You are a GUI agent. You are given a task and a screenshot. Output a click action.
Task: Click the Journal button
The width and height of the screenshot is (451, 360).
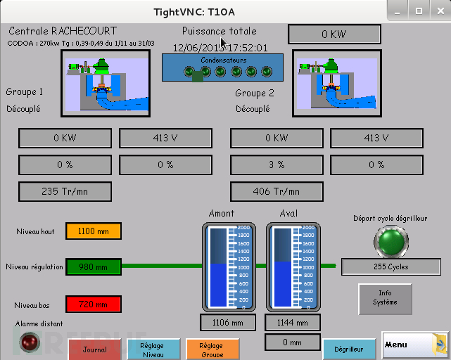coord(95,349)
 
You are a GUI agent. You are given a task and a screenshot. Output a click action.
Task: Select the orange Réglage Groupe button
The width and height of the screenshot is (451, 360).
coord(211,349)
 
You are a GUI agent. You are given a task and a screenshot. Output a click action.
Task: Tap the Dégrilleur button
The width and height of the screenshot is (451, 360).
coord(349,349)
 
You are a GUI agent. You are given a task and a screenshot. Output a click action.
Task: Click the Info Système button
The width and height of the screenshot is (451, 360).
coord(385,298)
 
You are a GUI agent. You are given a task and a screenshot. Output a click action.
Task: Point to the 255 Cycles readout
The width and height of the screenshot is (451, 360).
coord(391,267)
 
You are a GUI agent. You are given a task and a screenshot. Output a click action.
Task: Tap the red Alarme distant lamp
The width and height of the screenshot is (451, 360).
coord(30,342)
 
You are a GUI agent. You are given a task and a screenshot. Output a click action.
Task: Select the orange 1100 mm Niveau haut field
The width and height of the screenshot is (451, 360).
coord(94,231)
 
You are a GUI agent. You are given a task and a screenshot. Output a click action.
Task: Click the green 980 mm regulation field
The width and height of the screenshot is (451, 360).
coord(94,267)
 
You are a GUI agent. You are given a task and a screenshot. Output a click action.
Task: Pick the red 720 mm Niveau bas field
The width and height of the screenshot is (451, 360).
coord(94,304)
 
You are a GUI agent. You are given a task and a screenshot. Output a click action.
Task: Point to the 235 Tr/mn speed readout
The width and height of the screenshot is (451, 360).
coord(65,191)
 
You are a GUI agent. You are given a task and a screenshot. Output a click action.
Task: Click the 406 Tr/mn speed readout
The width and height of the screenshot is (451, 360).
coord(277,191)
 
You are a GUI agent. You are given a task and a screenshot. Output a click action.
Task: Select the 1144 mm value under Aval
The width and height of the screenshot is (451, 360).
coord(292,323)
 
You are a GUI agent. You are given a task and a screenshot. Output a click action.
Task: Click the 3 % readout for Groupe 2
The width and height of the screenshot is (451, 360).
coord(277,165)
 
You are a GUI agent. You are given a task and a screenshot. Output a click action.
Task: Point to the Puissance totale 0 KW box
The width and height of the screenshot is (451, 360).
coord(334,34)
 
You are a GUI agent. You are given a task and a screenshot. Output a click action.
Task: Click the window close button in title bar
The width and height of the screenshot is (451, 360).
coord(437,11)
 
